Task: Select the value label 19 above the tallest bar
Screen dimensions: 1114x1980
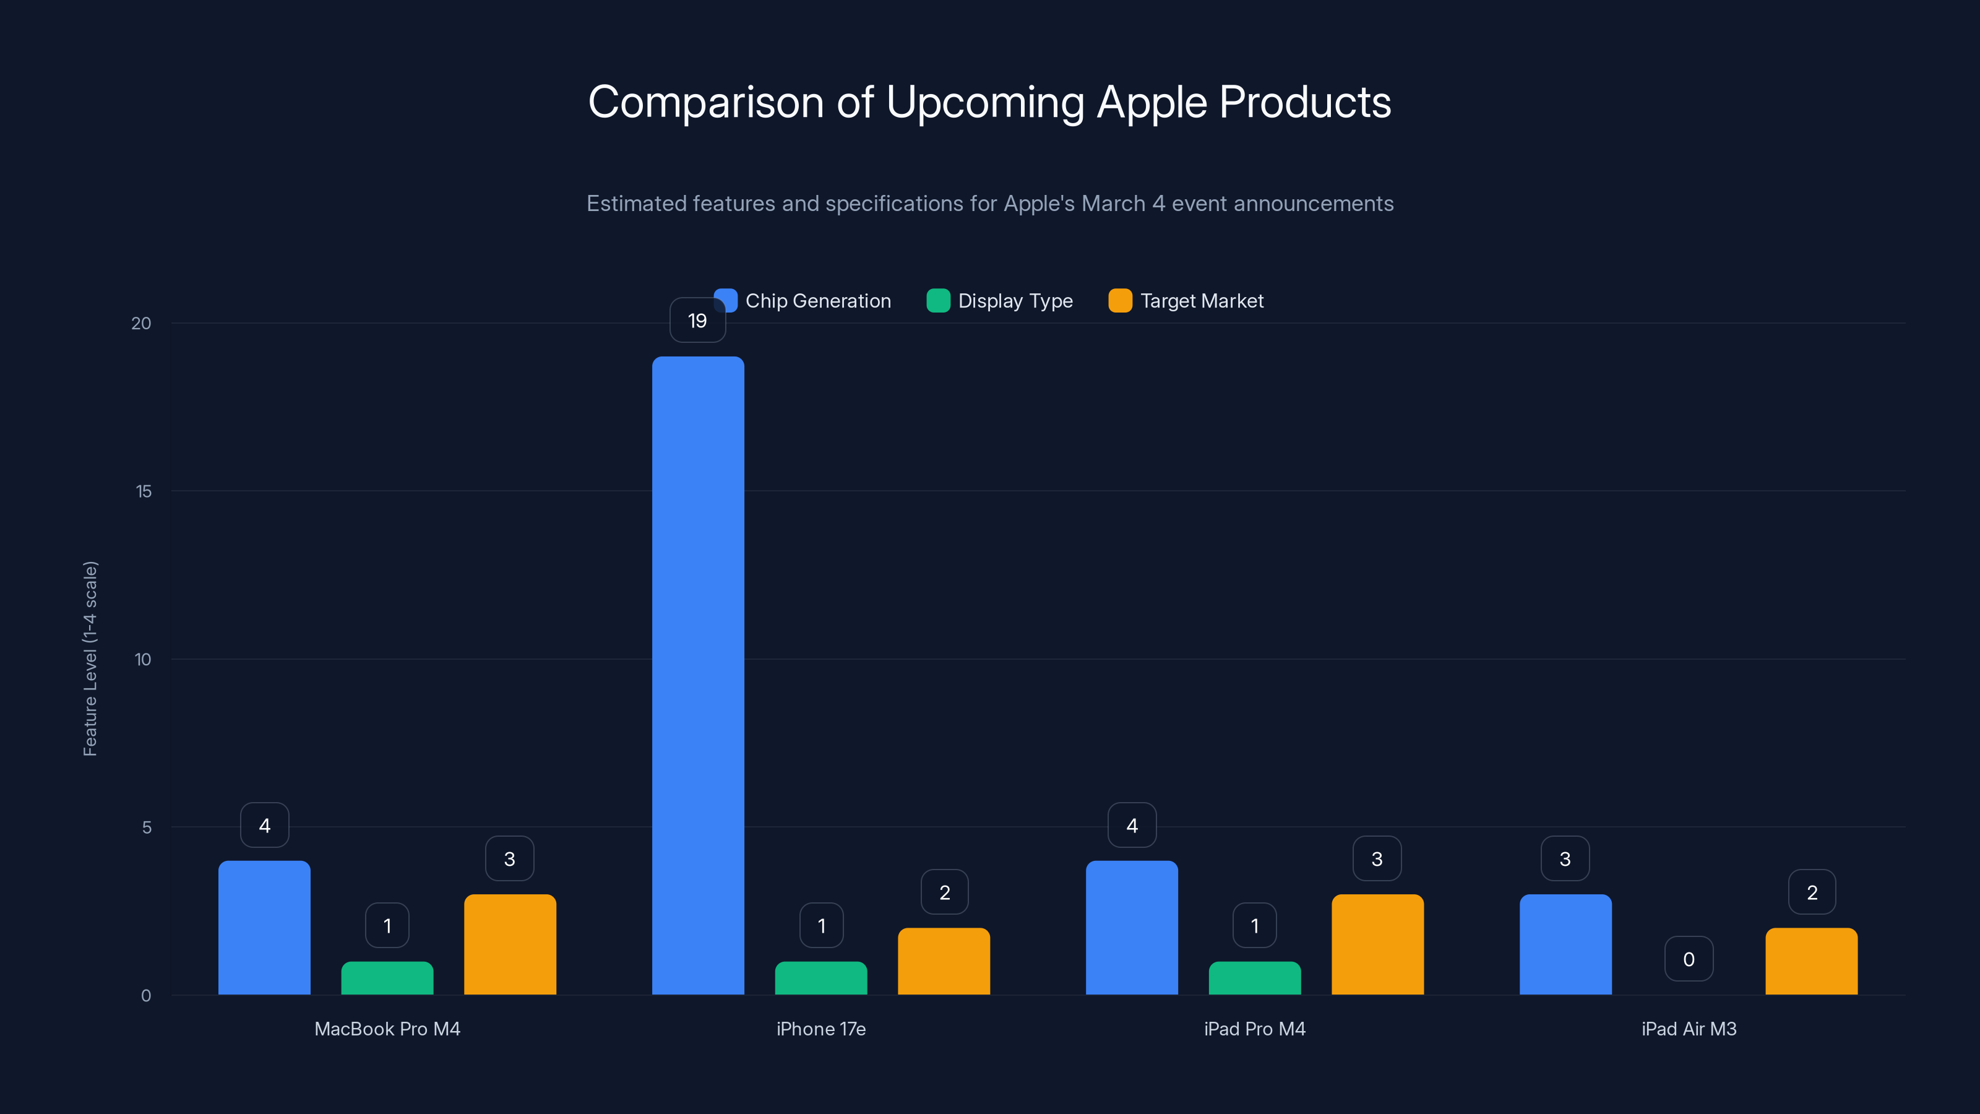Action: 697,321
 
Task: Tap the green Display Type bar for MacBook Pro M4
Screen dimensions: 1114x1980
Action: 387,978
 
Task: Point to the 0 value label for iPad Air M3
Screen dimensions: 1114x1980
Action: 1689,959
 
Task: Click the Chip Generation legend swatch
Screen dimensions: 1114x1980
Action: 726,301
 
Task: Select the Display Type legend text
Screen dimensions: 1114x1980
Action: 1015,301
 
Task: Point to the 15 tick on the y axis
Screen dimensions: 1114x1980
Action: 144,491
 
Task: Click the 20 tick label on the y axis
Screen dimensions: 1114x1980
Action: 142,323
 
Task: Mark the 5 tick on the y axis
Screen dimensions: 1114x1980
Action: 146,827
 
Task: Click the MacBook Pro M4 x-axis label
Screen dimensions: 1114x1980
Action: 387,1029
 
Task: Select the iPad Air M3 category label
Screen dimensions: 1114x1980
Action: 1689,1029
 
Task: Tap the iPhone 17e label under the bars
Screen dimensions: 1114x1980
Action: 821,1029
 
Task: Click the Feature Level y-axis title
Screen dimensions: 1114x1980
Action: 90,659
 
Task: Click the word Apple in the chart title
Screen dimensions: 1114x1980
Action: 1151,102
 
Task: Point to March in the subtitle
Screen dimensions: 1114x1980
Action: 1113,204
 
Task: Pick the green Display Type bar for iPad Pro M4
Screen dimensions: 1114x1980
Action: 1254,978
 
